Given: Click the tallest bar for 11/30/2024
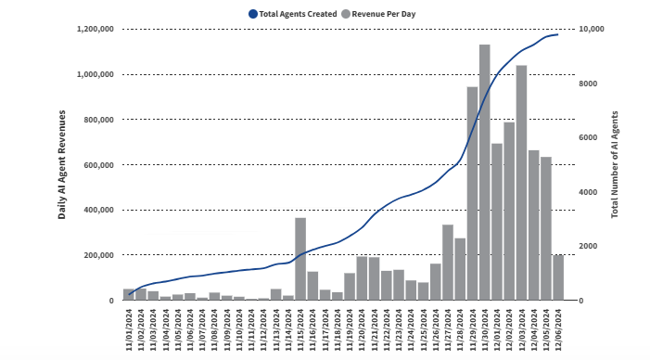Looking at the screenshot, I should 484,173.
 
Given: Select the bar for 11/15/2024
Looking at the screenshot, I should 300,259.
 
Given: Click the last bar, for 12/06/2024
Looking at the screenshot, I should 558,277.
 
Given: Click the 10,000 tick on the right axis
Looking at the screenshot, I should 591,29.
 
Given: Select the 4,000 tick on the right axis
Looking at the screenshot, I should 588,192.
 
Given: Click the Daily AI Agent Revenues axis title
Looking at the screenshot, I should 62,164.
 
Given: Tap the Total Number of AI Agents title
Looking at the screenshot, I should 614,164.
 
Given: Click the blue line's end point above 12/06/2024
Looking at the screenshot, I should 557,34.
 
